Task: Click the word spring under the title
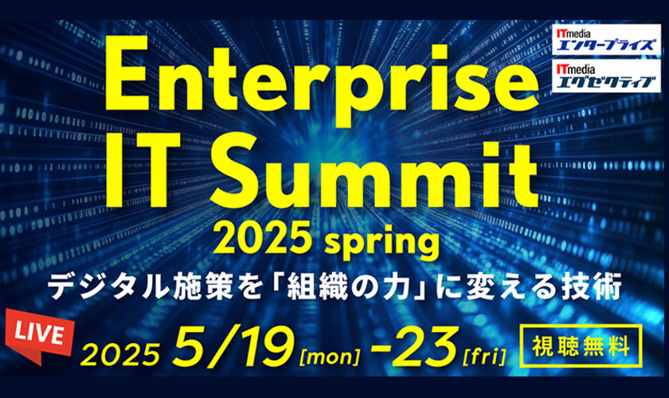(x=381, y=243)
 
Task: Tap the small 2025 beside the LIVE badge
(x=120, y=354)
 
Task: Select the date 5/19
(x=233, y=346)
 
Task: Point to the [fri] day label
(x=484, y=356)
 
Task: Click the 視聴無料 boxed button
(x=581, y=346)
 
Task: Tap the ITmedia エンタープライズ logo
(x=606, y=39)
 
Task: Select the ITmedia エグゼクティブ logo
(x=606, y=76)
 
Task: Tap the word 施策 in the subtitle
(x=204, y=287)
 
